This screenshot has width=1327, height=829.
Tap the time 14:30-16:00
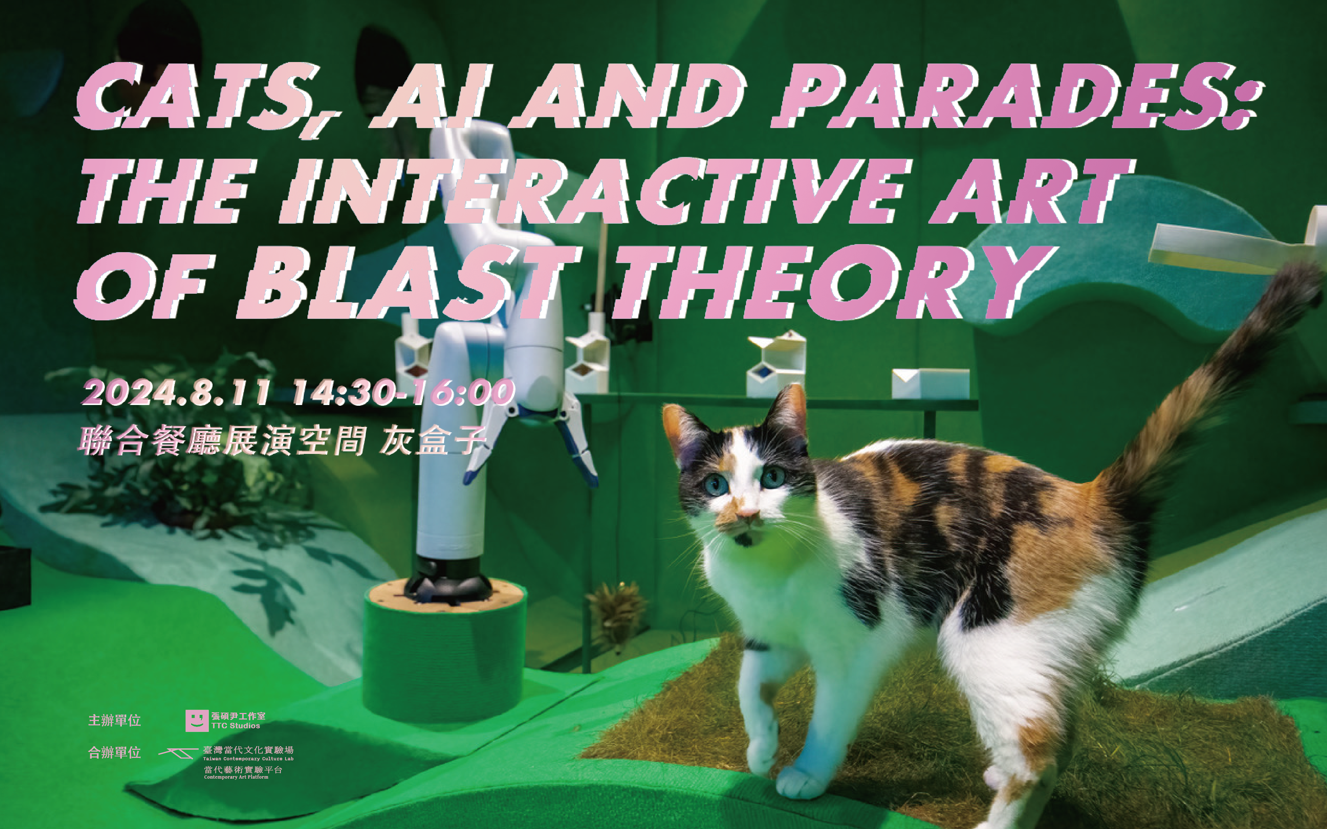pos(403,393)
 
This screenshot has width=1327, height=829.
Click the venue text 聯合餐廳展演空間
pos(222,441)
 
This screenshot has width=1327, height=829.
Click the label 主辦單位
pos(115,720)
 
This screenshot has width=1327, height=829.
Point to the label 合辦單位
pos(115,753)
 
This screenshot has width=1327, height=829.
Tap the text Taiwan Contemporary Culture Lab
pos(248,759)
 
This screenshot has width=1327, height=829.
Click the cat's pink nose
pos(747,513)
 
